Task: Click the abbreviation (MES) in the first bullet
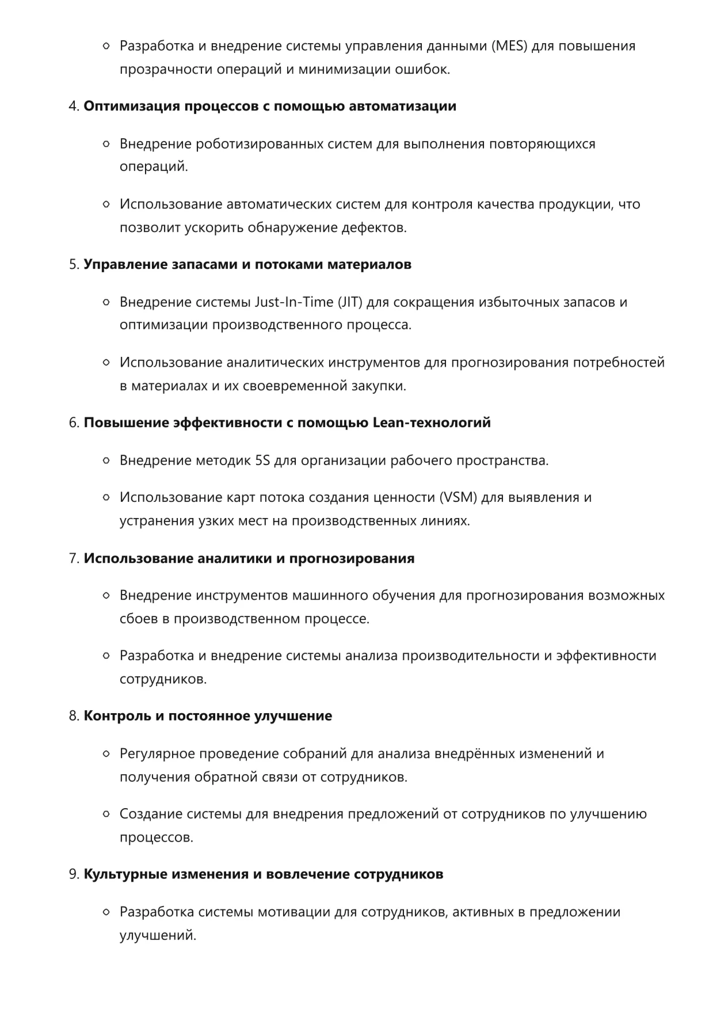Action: [x=509, y=46]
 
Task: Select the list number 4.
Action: [x=73, y=106]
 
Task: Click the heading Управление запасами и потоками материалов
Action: [x=247, y=265]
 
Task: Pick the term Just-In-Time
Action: [x=294, y=302]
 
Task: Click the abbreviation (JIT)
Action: [x=350, y=302]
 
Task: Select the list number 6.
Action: [x=73, y=423]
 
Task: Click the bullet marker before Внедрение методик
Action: [x=106, y=461]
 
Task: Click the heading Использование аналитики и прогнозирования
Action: [x=249, y=559]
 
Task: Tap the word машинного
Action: [x=330, y=596]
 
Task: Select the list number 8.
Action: [x=73, y=717]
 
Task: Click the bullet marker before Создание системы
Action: [x=106, y=814]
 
